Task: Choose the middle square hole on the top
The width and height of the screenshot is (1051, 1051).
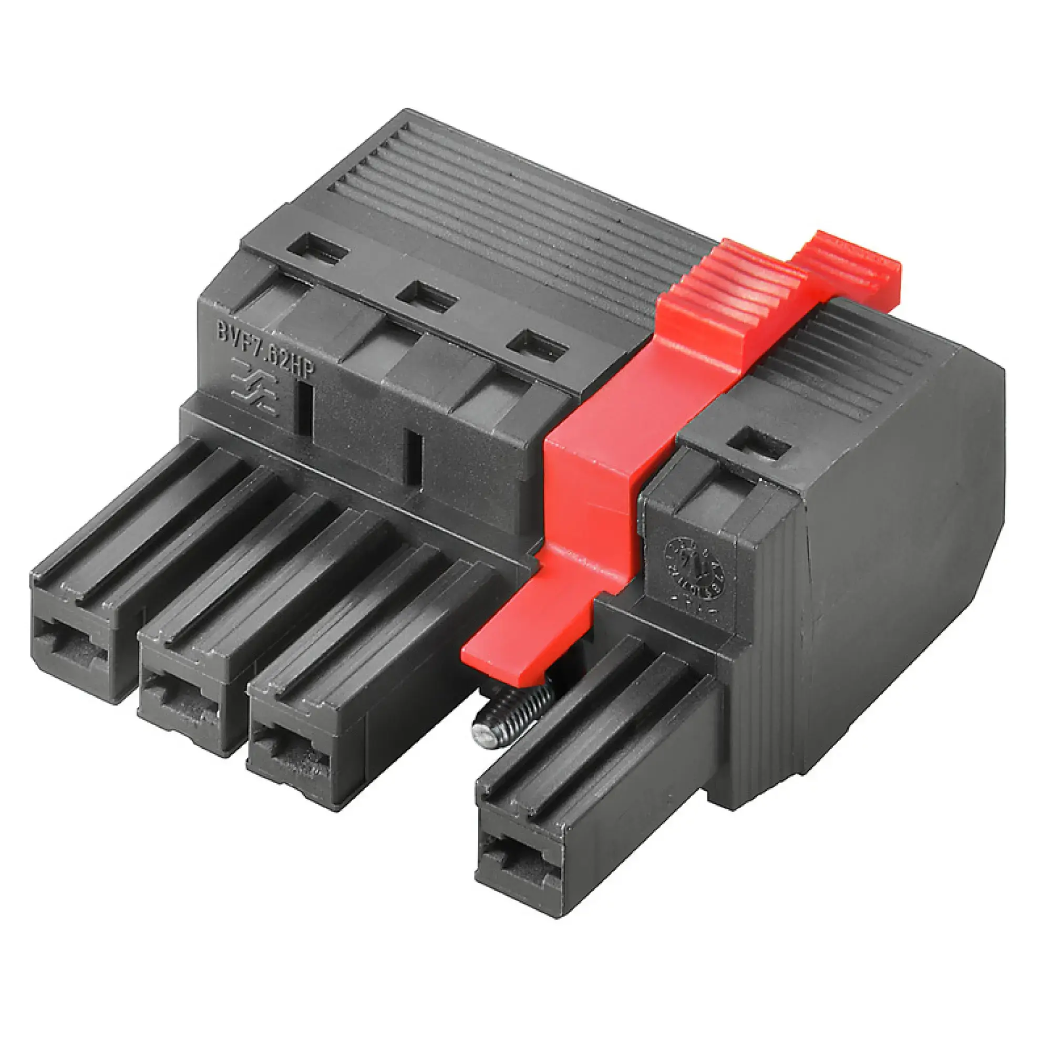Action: click(426, 297)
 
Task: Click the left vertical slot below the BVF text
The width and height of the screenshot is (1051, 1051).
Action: click(305, 408)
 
